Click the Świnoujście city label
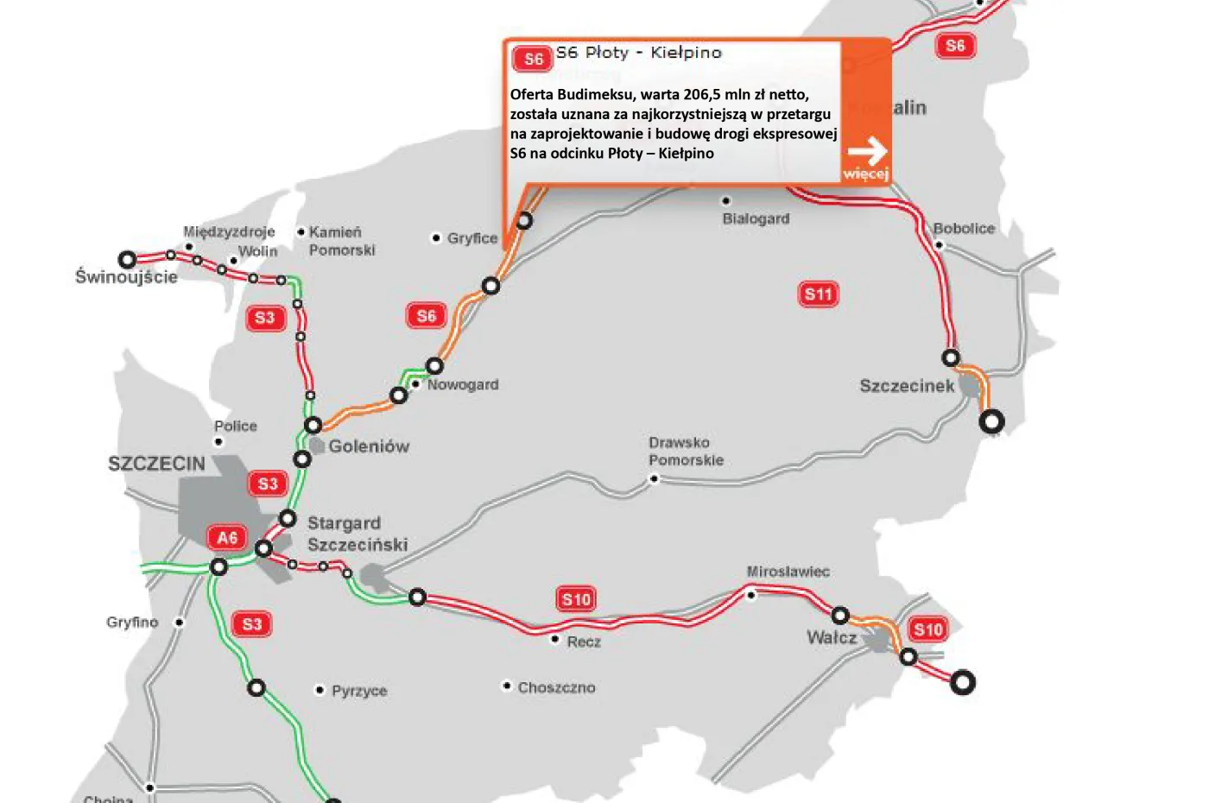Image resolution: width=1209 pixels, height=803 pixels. [x=126, y=276]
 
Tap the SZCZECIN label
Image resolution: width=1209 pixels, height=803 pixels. [x=156, y=464]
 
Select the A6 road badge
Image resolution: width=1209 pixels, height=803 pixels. [x=226, y=538]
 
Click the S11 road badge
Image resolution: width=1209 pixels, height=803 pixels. [x=818, y=294]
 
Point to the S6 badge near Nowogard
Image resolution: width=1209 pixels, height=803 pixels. [x=426, y=316]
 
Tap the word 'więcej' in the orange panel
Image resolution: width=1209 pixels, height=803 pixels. [x=865, y=174]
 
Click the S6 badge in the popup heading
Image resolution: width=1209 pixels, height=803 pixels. [x=533, y=59]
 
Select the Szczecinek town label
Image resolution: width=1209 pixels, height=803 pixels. [x=907, y=386]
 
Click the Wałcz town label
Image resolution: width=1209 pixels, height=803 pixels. [x=832, y=637]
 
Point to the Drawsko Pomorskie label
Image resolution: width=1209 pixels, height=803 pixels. [x=686, y=451]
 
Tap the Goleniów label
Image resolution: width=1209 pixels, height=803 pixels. [x=369, y=446]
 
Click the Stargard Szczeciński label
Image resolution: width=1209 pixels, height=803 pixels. [x=357, y=534]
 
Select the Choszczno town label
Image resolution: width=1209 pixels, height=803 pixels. [x=556, y=687]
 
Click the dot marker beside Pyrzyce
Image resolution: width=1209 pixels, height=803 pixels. [x=320, y=690]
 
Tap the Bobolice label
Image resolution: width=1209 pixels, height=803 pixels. [x=964, y=228]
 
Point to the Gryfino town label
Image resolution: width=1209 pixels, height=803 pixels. [x=132, y=622]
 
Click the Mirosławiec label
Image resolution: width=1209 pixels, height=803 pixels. [x=788, y=572]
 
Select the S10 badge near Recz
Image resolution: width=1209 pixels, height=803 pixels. [x=576, y=599]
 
